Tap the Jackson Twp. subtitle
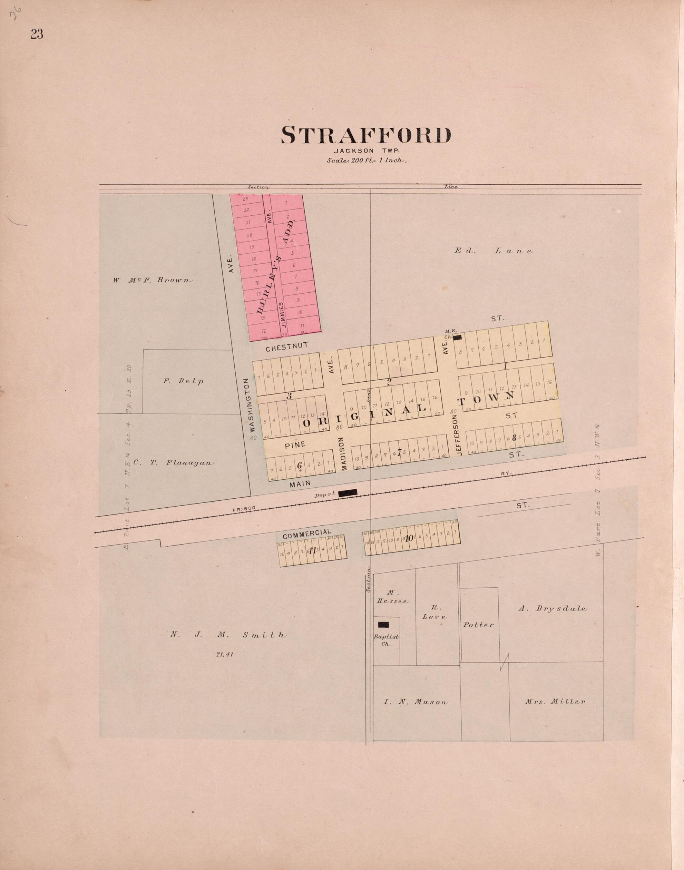click(x=365, y=151)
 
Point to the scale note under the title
click(x=367, y=160)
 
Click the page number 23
click(x=37, y=35)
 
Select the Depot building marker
click(x=348, y=493)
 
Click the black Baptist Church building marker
click(x=384, y=624)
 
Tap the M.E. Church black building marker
click(x=457, y=337)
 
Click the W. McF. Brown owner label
click(x=153, y=280)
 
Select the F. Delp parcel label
click(x=183, y=381)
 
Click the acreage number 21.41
click(x=224, y=655)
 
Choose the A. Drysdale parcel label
click(x=553, y=608)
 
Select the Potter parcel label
click(x=479, y=625)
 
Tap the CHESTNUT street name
click(x=287, y=347)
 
